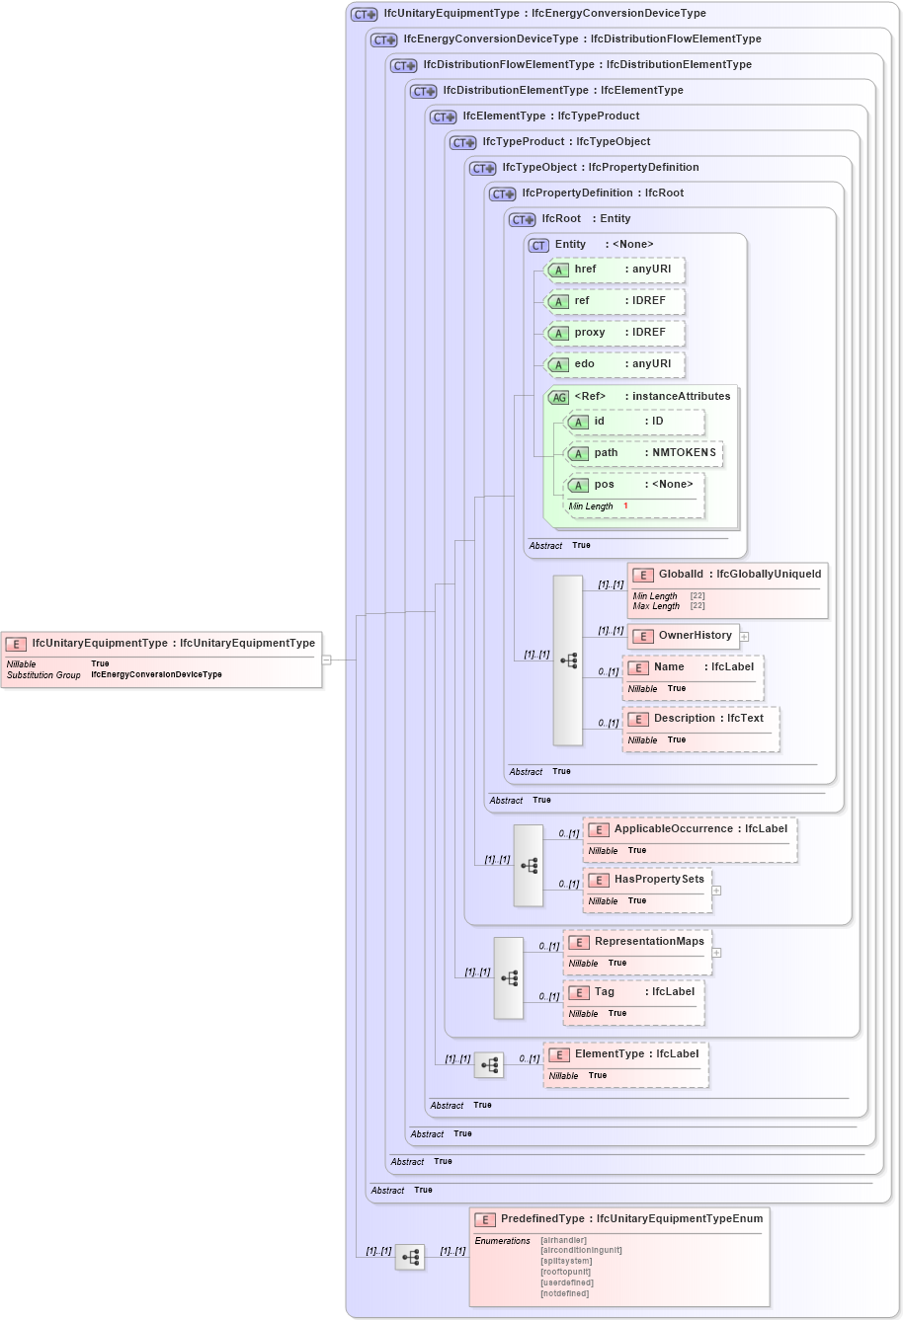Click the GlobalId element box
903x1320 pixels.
click(x=727, y=575)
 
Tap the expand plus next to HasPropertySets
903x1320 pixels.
click(x=716, y=891)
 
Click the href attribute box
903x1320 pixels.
click(x=616, y=270)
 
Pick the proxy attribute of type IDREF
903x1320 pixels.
click(x=616, y=333)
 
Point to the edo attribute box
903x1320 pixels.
click(x=616, y=364)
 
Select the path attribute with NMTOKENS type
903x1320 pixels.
click(x=643, y=453)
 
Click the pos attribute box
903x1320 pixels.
click(x=633, y=485)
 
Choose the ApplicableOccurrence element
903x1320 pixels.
click(x=690, y=829)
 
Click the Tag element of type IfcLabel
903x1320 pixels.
click(x=633, y=992)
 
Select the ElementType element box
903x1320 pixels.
click(x=625, y=1054)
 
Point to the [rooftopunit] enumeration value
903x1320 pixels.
click(x=566, y=1272)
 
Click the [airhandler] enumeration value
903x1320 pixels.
click(x=563, y=1240)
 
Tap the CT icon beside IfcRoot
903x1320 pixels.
click(x=522, y=219)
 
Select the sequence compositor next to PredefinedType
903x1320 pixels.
click(x=410, y=1257)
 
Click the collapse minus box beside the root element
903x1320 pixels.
click(x=327, y=660)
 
